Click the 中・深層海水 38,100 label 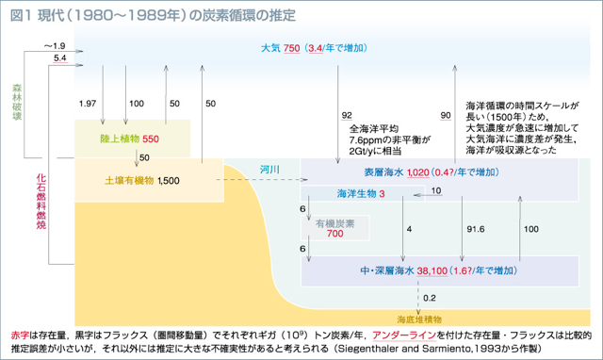pos(413,268)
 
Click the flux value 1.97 pos(89,102)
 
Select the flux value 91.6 pos(475,229)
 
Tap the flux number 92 pos(347,115)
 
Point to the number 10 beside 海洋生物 pos(435,191)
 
